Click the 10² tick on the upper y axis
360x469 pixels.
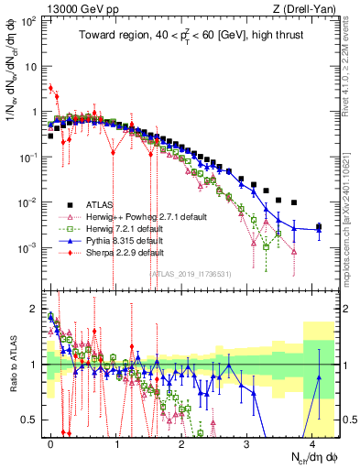click(27, 20)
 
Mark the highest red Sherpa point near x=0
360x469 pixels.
click(50, 88)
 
